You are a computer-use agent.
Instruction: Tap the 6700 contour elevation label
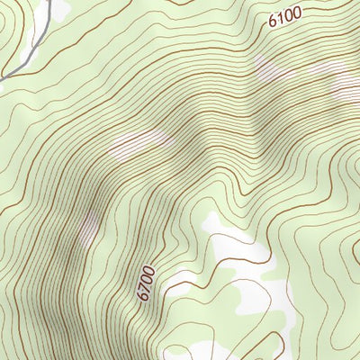147,282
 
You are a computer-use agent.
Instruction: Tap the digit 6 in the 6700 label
144,295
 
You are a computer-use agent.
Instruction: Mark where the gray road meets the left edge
2,79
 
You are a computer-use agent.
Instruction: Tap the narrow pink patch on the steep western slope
88,225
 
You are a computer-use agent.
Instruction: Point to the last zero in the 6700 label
149,269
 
